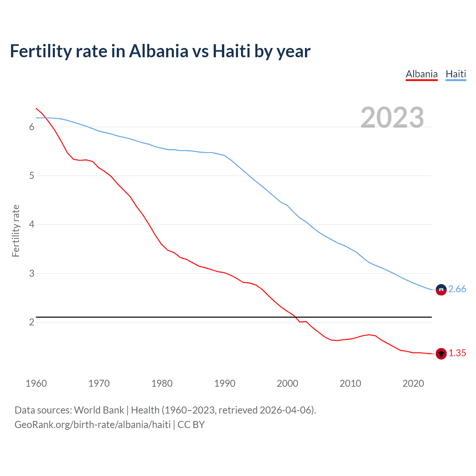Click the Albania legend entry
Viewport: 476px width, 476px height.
tap(421, 74)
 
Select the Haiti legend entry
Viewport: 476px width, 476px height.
tap(456, 74)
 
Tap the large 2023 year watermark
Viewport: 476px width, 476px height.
tap(392, 118)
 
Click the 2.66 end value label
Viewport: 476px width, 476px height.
tap(457, 289)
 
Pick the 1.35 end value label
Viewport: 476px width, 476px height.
tap(457, 353)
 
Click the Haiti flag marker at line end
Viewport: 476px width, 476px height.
tap(441, 290)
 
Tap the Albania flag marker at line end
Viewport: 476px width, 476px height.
tap(441, 354)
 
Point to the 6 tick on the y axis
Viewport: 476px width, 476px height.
tap(32, 127)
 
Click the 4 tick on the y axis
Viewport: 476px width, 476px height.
tap(32, 225)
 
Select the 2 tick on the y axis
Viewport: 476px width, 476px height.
tap(32, 322)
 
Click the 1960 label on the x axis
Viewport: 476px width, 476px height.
tap(36, 383)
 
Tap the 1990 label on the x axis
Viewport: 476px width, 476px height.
tap(225, 383)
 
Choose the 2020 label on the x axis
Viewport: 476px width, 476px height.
tap(413, 383)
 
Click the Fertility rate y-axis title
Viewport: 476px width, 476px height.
tap(16, 231)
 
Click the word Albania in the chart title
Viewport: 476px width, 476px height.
tap(159, 51)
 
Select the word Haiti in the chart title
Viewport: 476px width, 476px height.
tap(231, 51)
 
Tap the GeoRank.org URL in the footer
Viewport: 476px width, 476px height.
tap(92, 425)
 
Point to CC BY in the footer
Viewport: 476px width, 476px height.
tap(191, 425)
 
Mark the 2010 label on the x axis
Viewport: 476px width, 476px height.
tap(350, 383)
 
